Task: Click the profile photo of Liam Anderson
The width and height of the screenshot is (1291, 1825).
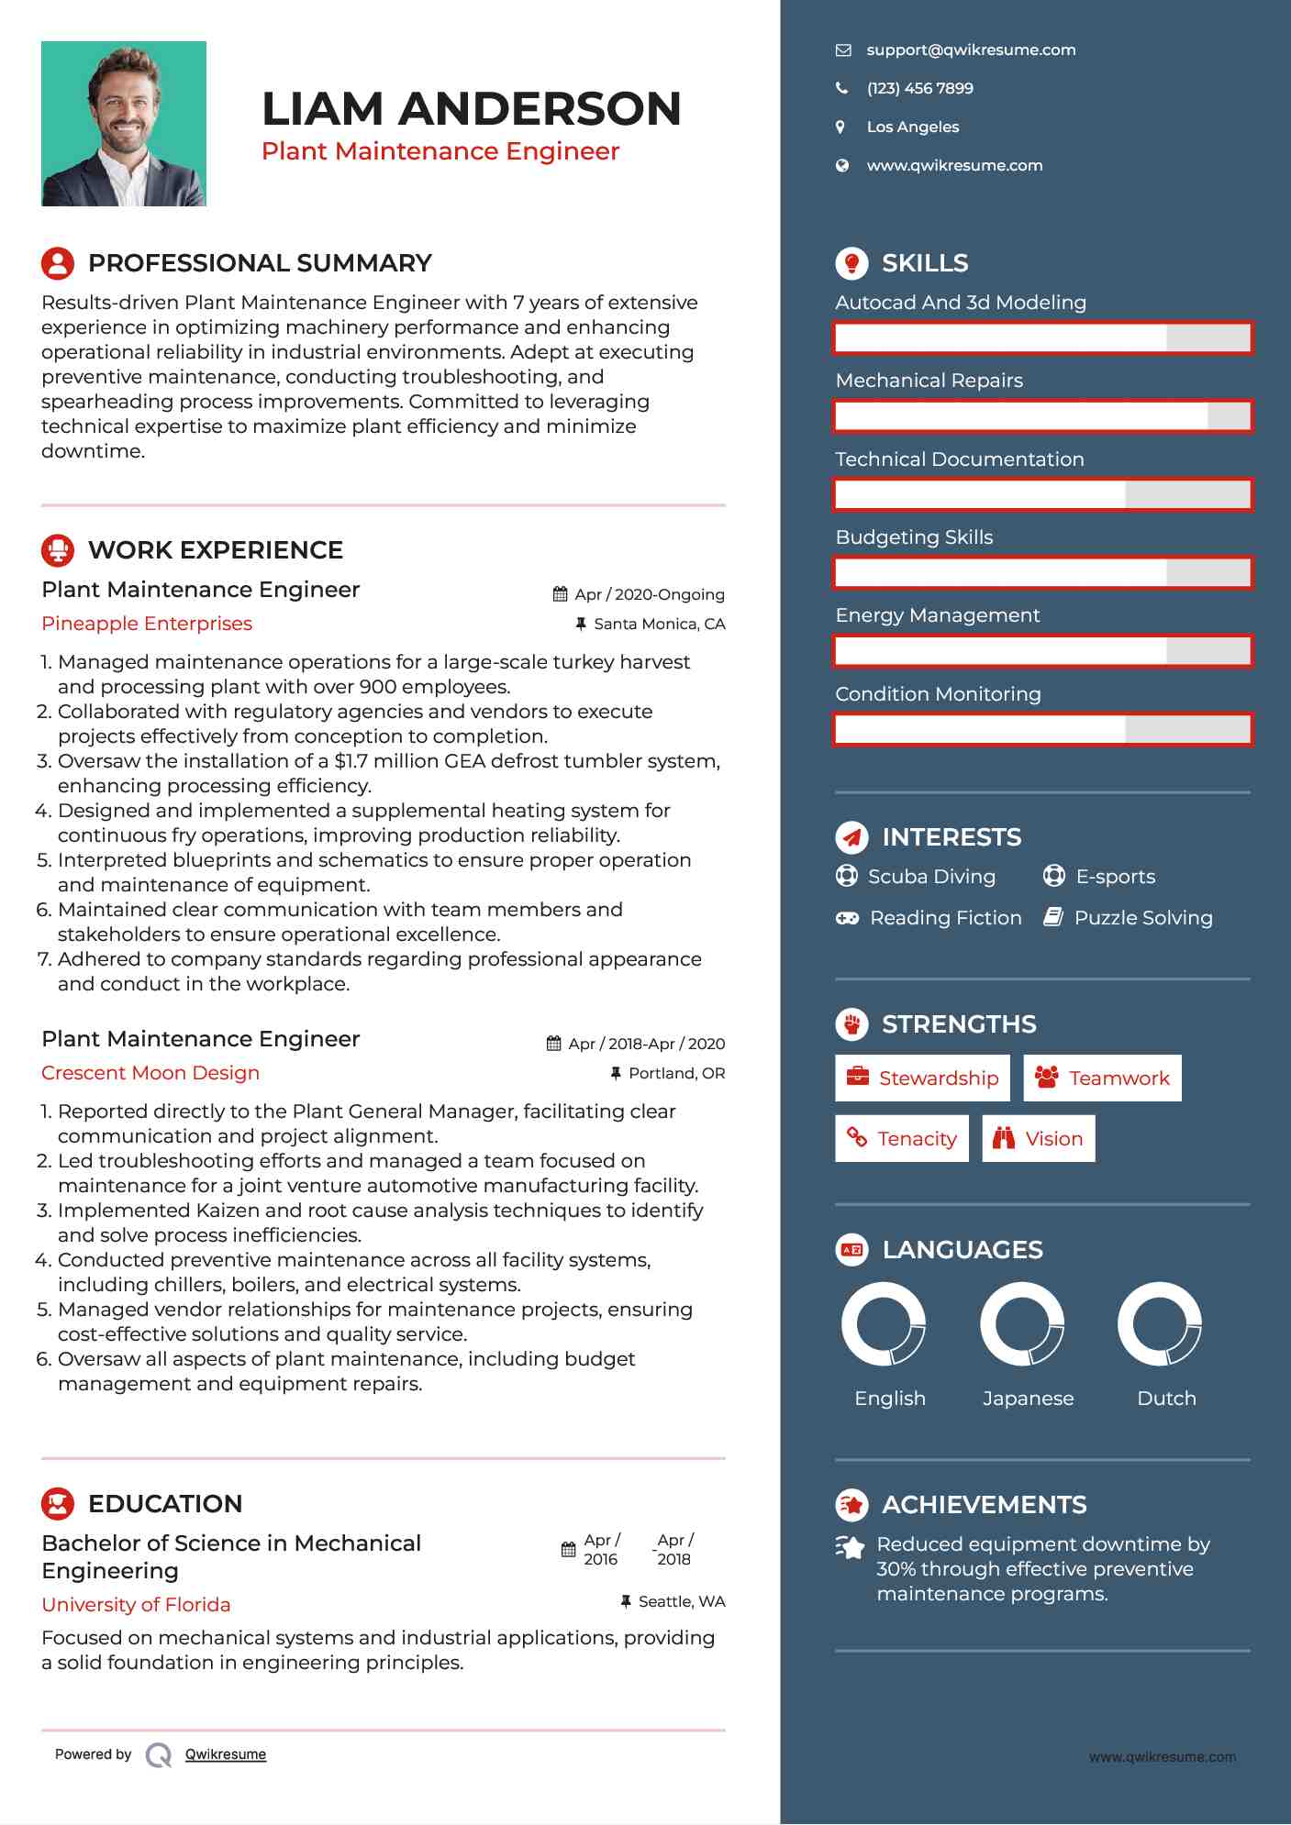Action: pyautogui.click(x=124, y=124)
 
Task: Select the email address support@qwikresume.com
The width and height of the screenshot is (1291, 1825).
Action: pyautogui.click(x=971, y=50)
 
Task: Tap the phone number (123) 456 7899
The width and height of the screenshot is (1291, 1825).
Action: pyautogui.click(x=919, y=89)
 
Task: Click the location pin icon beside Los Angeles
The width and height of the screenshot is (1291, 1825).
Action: pyautogui.click(x=840, y=127)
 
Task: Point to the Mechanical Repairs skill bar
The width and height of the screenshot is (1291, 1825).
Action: pyautogui.click(x=1043, y=416)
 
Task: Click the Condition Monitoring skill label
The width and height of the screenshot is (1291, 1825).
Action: pyautogui.click(x=938, y=694)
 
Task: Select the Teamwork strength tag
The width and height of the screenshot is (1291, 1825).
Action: pyautogui.click(x=1102, y=1078)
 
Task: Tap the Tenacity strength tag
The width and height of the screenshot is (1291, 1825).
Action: pyautogui.click(x=901, y=1139)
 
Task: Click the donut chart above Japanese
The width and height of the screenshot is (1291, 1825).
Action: pyautogui.click(x=1022, y=1324)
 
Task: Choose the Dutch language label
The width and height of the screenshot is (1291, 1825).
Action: pyautogui.click(x=1166, y=1399)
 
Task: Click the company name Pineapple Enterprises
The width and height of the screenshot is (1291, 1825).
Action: pyautogui.click(x=147, y=624)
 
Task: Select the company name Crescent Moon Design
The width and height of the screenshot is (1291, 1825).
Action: pyautogui.click(x=150, y=1073)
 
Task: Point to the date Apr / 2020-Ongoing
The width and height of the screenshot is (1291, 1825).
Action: pyautogui.click(x=649, y=594)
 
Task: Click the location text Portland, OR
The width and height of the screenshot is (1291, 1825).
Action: pyautogui.click(x=676, y=1073)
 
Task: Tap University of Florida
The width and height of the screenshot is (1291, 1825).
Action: pyautogui.click(x=136, y=1605)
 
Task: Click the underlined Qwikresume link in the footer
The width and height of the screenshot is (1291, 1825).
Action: pyautogui.click(x=226, y=1754)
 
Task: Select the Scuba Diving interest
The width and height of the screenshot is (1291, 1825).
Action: pyautogui.click(x=930, y=877)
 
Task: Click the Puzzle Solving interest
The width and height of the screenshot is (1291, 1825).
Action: pyautogui.click(x=1142, y=918)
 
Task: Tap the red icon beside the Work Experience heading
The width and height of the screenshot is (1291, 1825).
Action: pyautogui.click(x=58, y=550)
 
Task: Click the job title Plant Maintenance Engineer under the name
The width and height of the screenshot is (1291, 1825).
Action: pyautogui.click(x=440, y=151)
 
